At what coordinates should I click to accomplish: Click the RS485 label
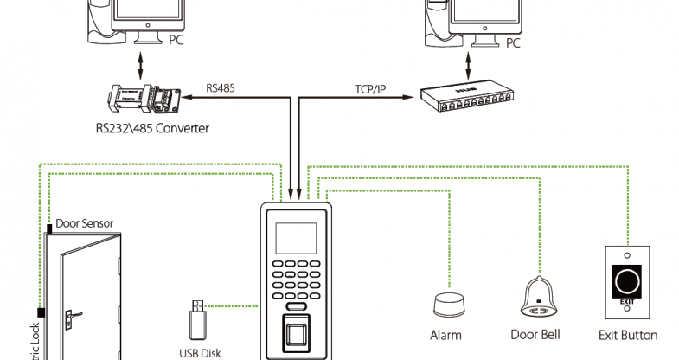(x=220, y=87)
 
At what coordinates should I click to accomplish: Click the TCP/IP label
(x=369, y=88)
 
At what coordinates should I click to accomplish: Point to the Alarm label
(x=445, y=335)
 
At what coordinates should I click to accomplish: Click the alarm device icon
(x=447, y=305)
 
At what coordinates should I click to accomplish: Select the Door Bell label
(x=536, y=335)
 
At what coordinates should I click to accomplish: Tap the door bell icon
(x=538, y=299)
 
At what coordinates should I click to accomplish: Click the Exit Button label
(x=628, y=335)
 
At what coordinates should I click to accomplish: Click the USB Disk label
(x=201, y=352)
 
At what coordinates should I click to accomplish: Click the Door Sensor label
(x=85, y=222)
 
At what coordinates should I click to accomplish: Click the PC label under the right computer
(x=513, y=42)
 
